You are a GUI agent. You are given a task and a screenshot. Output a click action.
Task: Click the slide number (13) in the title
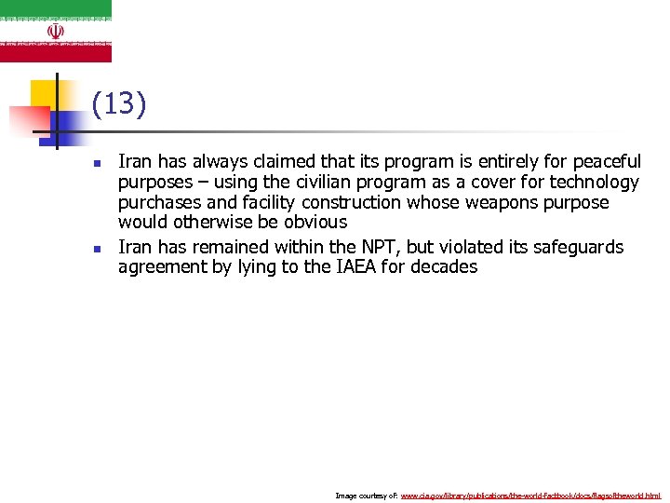(x=119, y=104)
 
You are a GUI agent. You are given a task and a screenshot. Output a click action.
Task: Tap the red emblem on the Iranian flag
(x=56, y=31)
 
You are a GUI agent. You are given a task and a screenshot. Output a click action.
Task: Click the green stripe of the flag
(x=56, y=8)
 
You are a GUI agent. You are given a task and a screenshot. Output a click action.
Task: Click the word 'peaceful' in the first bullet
(x=607, y=162)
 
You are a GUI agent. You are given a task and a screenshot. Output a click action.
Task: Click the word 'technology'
(x=594, y=183)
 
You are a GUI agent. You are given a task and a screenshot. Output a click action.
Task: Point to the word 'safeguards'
(x=579, y=247)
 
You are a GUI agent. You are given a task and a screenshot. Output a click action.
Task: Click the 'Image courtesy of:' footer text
(x=366, y=496)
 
